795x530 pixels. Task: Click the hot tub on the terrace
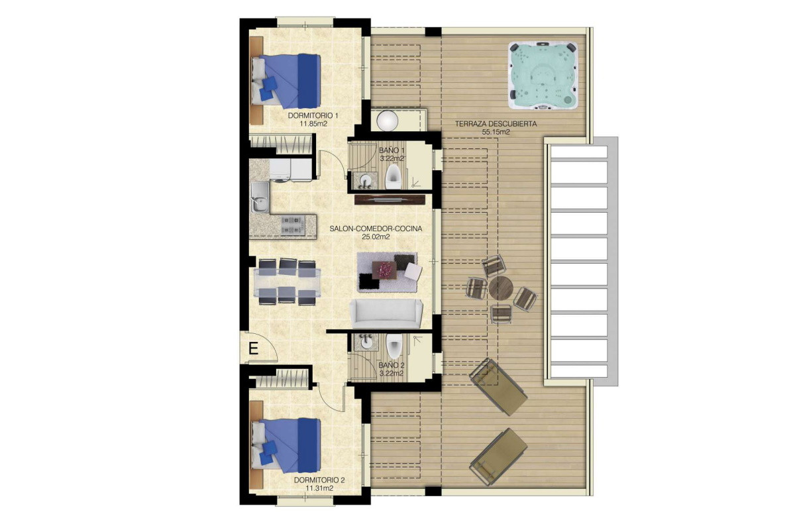(x=543, y=76)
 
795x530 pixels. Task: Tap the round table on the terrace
(x=501, y=288)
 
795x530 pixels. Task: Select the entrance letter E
(x=253, y=348)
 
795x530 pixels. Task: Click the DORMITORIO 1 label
(x=313, y=116)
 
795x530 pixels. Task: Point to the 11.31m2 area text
(x=319, y=488)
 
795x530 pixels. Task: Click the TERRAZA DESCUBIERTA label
(x=496, y=124)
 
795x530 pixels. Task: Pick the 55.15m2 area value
(x=496, y=132)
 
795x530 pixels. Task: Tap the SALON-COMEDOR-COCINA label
(x=376, y=229)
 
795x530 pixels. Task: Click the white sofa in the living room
(x=386, y=313)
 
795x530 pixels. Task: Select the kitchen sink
(x=260, y=197)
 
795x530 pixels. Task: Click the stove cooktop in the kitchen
(x=293, y=225)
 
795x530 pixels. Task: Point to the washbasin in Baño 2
(x=365, y=342)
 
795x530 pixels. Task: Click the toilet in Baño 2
(x=394, y=346)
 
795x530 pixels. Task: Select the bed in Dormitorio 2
(x=286, y=445)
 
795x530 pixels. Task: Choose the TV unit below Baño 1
(x=390, y=199)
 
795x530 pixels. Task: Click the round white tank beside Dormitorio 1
(x=387, y=120)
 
